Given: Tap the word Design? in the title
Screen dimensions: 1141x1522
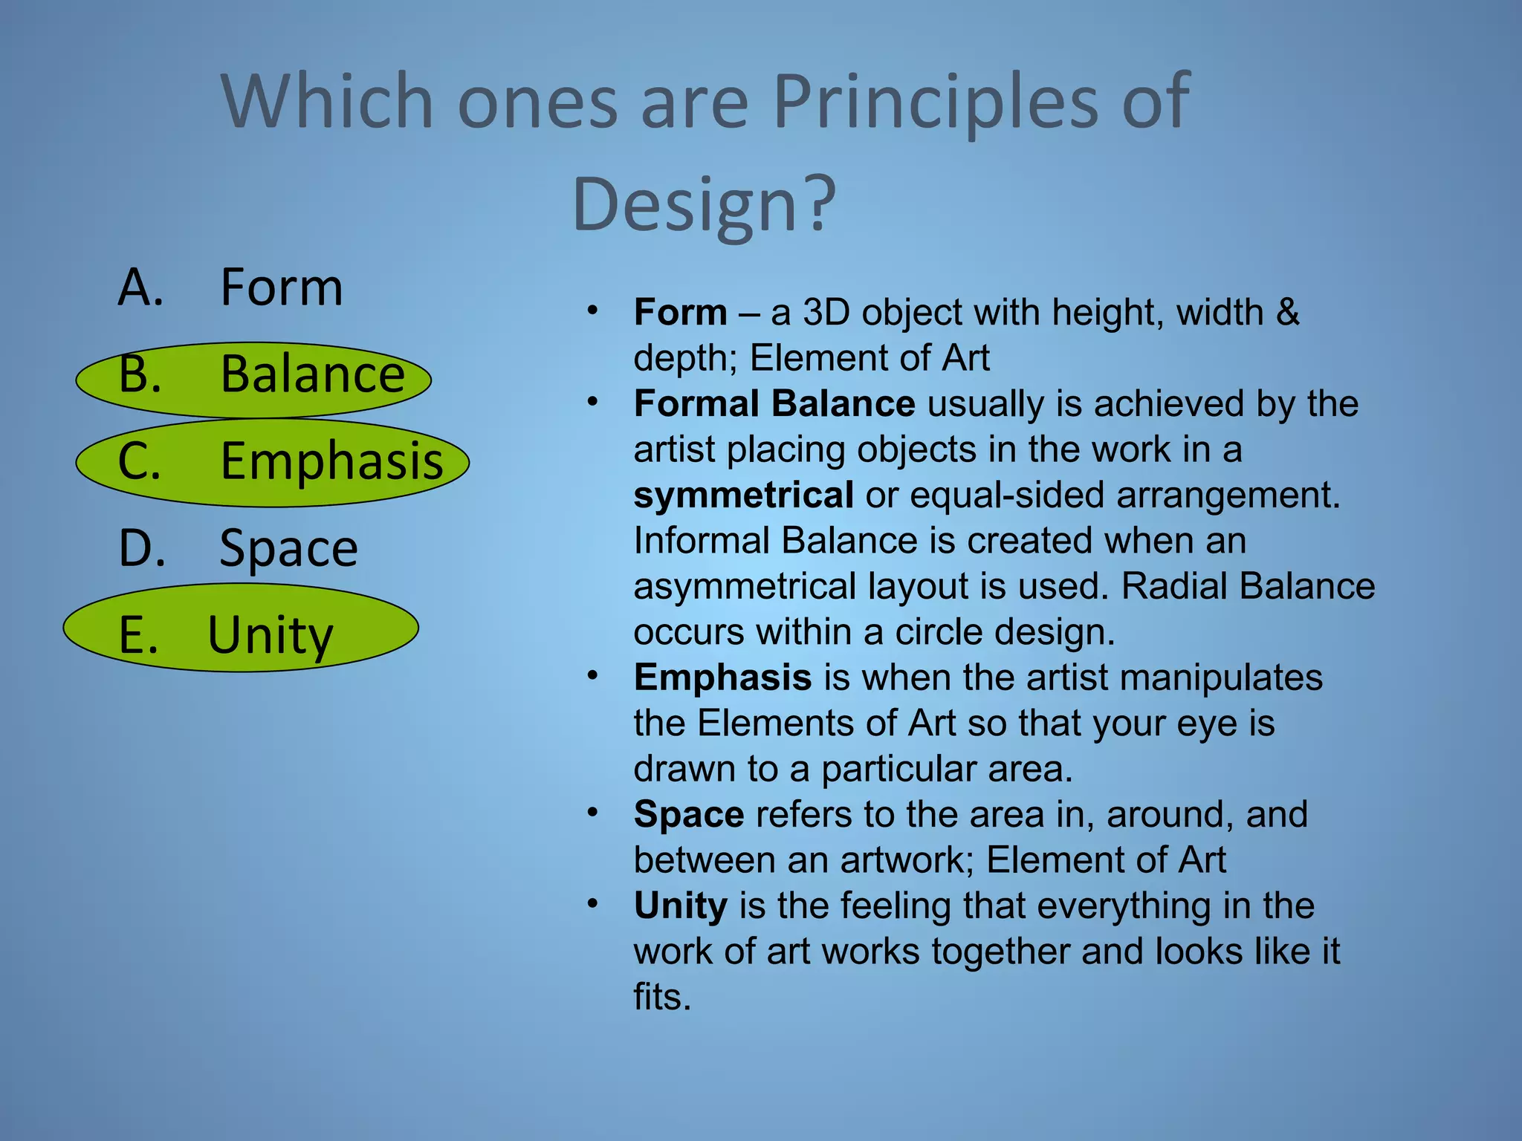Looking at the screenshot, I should pyautogui.click(x=704, y=204).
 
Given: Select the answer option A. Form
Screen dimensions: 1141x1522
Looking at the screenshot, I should pyautogui.click(x=230, y=287).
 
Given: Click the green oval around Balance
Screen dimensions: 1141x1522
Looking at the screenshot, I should pyautogui.click(x=253, y=380).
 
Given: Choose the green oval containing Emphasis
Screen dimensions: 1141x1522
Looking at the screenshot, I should pyautogui.click(x=272, y=462).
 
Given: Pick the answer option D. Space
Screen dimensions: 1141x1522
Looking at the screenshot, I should pyautogui.click(x=238, y=548).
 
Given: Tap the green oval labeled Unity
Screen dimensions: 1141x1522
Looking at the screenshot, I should pyautogui.click(x=241, y=628).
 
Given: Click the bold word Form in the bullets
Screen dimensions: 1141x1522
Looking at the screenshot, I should pyautogui.click(x=680, y=312).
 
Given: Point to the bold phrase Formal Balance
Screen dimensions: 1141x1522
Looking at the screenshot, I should pyautogui.click(x=774, y=403).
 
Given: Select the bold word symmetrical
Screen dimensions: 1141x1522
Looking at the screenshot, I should pyautogui.click(x=743, y=495).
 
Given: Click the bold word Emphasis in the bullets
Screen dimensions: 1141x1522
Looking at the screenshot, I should pyautogui.click(x=722, y=677).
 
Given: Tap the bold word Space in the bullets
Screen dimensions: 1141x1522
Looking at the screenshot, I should pyautogui.click(x=688, y=814).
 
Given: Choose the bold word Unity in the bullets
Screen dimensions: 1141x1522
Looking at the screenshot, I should pyautogui.click(x=680, y=906).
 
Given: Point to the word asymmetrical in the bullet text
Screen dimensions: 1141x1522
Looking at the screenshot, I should pyautogui.click(x=745, y=586).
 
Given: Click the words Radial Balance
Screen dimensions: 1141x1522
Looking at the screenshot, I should pyautogui.click(x=1248, y=586).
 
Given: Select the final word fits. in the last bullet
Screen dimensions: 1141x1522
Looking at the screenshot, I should pyautogui.click(x=662, y=997).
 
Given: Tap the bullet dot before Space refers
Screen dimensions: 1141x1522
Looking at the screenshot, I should pyautogui.click(x=592, y=812).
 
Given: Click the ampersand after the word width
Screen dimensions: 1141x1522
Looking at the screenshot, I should pyautogui.click(x=1288, y=312).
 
